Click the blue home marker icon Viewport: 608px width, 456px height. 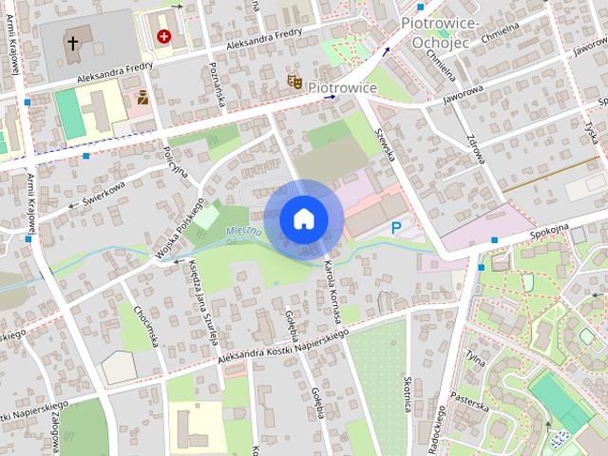(302, 218)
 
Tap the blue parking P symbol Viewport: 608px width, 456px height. (396, 227)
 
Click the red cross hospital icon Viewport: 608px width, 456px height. (166, 36)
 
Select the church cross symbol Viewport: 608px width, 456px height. (72, 43)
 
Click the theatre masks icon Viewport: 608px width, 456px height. (295, 85)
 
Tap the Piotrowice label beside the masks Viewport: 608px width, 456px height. (343, 87)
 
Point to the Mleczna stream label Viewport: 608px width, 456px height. (244, 232)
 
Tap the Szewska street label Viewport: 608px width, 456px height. (385, 143)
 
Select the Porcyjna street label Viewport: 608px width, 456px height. (176, 164)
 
